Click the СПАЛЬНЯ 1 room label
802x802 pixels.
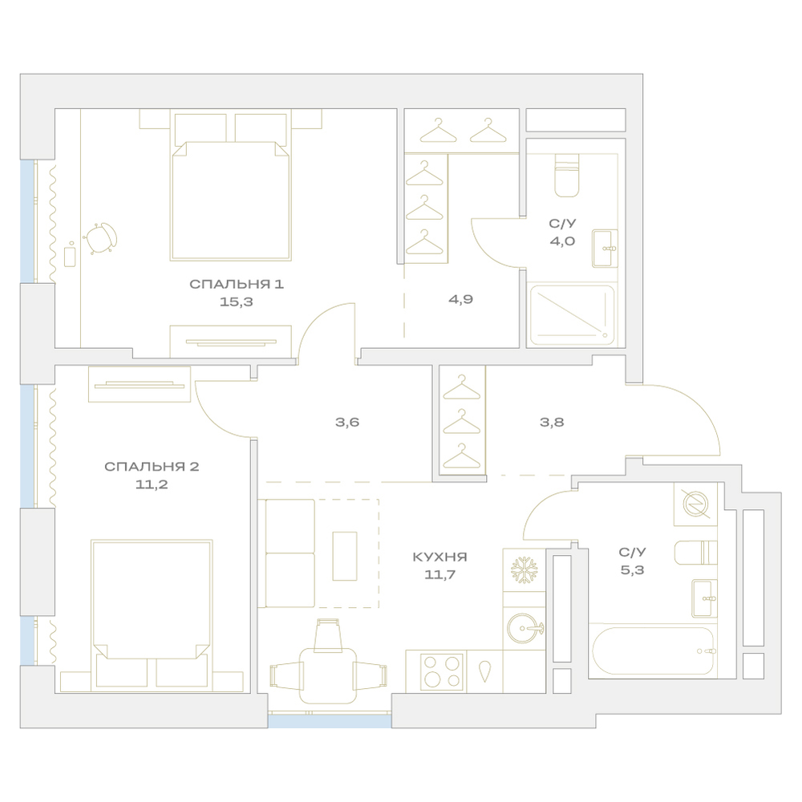(x=237, y=285)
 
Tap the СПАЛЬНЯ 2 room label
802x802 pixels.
(x=152, y=467)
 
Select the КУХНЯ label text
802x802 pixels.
(x=439, y=557)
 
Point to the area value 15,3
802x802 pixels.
(x=237, y=302)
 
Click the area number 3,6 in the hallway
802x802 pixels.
(x=347, y=422)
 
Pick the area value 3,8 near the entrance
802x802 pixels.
(x=552, y=422)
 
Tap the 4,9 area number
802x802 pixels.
(x=460, y=299)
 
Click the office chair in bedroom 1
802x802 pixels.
(x=100, y=238)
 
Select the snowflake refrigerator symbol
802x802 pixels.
(x=523, y=569)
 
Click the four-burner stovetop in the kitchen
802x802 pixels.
(x=441, y=671)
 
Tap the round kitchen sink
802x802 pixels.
(x=525, y=628)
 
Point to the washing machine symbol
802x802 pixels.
(x=695, y=504)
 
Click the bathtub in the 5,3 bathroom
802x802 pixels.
(x=653, y=651)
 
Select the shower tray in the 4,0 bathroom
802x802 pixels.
(x=573, y=315)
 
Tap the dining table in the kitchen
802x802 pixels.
(x=327, y=675)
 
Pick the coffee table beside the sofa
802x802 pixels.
(x=345, y=556)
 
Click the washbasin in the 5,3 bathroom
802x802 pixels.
(x=704, y=598)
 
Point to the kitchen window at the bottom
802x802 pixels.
(x=330, y=721)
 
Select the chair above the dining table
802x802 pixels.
(x=327, y=634)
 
